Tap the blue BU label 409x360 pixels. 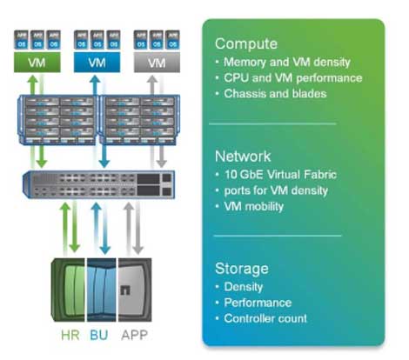click(98, 333)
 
